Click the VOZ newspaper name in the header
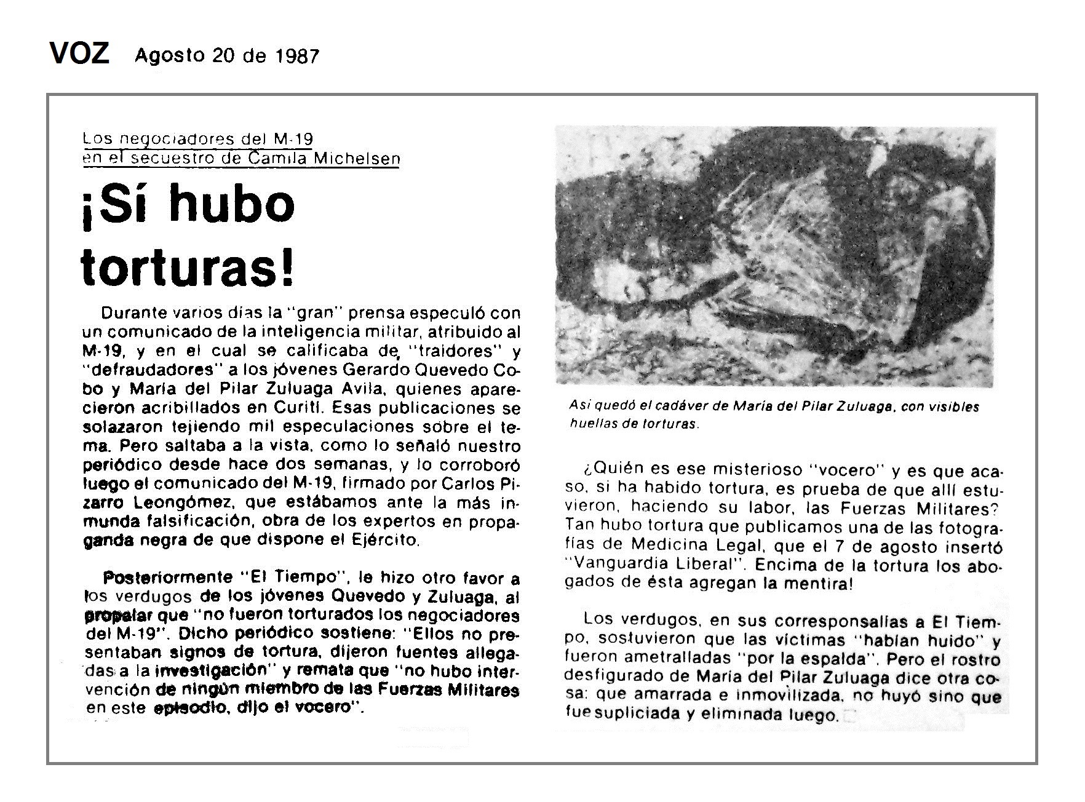coord(79,54)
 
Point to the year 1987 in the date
coord(298,56)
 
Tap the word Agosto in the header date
coord(170,55)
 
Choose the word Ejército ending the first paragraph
coord(391,540)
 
